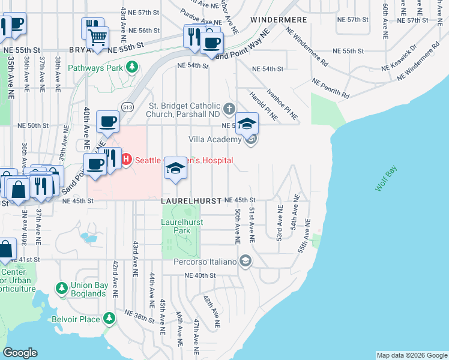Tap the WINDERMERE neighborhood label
(279, 20)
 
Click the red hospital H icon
(126, 160)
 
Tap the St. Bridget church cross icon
(228, 109)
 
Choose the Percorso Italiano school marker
(245, 260)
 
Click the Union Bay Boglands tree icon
(61, 289)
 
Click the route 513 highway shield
(127, 106)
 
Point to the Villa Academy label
(215, 139)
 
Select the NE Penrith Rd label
(330, 88)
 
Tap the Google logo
(20, 353)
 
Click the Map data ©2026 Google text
(412, 355)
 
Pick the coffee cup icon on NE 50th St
(107, 121)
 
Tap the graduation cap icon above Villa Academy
(247, 124)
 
